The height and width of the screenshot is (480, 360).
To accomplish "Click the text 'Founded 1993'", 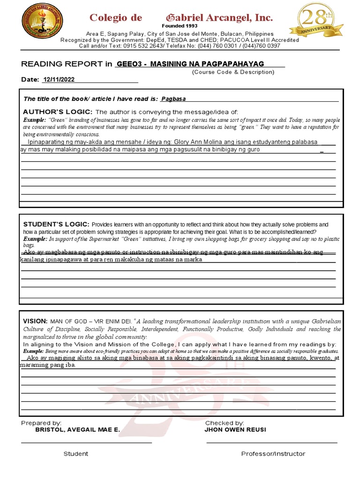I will click(180, 26).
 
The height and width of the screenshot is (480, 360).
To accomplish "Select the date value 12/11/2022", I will click(59, 80).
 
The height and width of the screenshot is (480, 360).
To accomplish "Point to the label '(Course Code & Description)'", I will click(233, 72).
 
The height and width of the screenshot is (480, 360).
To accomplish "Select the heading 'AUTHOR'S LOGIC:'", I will click(58, 112).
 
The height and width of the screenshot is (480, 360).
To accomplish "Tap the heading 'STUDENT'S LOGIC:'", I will click(56, 225).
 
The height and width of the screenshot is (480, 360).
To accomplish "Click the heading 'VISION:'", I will click(35, 321).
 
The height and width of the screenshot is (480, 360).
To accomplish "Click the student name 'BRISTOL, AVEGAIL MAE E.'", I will click(77, 430).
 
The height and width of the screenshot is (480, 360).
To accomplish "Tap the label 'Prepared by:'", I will click(41, 423).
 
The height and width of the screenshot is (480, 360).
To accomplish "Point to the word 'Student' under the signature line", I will click(76, 454).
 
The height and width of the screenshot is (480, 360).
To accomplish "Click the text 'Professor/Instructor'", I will click(273, 454).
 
